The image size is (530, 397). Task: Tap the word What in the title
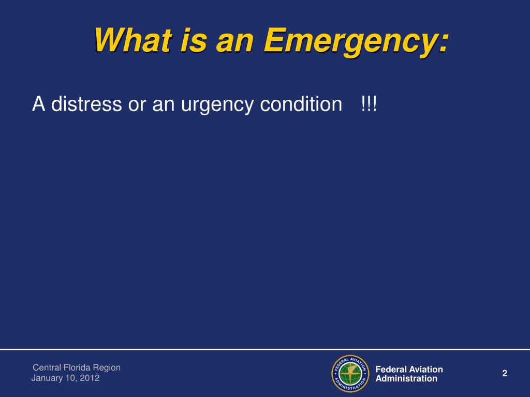pos(134,40)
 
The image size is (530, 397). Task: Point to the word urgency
pos(217,104)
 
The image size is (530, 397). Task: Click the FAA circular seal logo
pos(350,373)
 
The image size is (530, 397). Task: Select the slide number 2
pos(505,373)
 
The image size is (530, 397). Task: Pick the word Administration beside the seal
pos(406,378)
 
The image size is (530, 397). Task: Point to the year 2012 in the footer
pos(90,378)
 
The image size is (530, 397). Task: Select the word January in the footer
pos(47,378)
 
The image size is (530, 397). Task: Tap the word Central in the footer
pos(47,368)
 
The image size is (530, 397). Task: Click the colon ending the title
pos(443,43)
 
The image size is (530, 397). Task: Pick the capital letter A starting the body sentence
pos(38,103)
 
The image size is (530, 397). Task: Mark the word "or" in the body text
pos(137,105)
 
